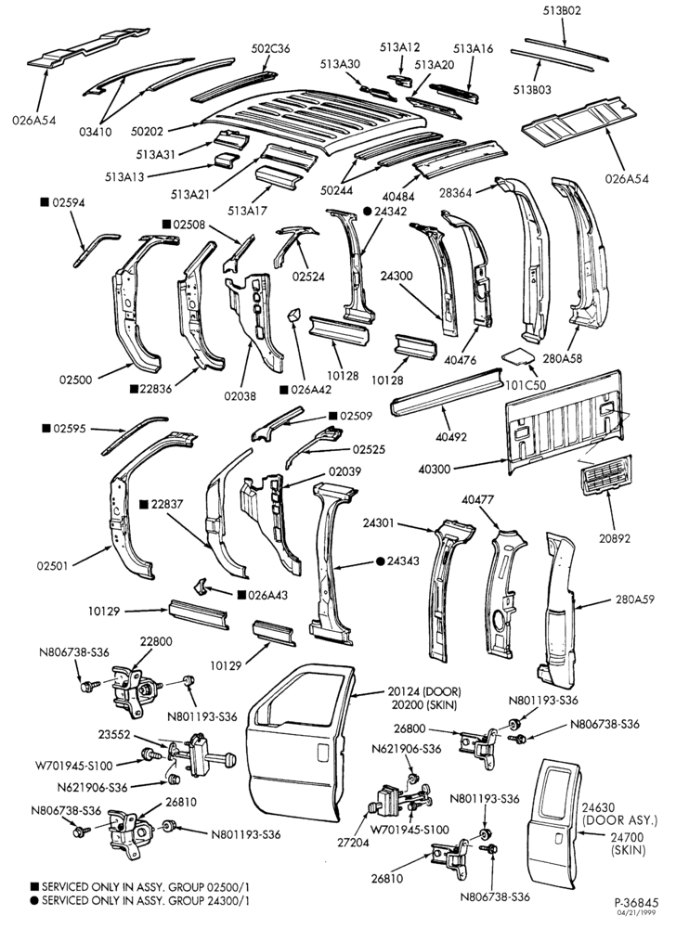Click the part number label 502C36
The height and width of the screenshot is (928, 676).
pyautogui.click(x=270, y=48)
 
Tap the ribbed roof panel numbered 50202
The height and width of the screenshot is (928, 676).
pyautogui.click(x=314, y=122)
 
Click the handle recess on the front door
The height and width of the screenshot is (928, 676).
pyautogui.click(x=322, y=753)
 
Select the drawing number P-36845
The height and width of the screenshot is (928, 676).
pyautogui.click(x=636, y=903)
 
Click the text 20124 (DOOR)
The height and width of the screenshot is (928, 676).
pyautogui.click(x=424, y=691)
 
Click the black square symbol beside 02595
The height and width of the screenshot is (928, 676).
pyautogui.click(x=45, y=428)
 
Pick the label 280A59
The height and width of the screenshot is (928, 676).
pyautogui.click(x=634, y=599)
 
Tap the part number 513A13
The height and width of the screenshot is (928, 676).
pyautogui.click(x=124, y=176)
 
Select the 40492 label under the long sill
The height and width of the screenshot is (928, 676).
pyautogui.click(x=451, y=437)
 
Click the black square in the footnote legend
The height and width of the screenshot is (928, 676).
pyautogui.click(x=35, y=887)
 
